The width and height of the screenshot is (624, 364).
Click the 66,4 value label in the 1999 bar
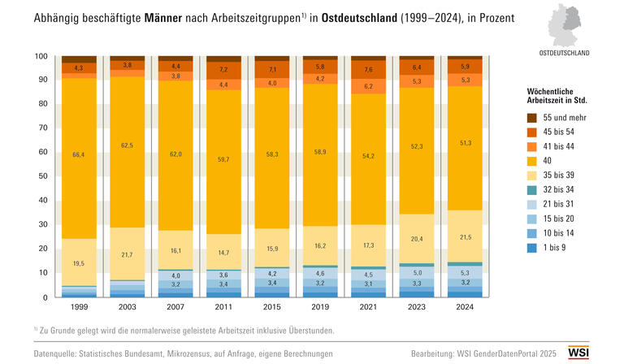tap(79, 154)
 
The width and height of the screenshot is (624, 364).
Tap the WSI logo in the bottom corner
tap(601, 353)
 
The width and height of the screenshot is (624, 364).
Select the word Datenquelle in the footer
tap(57, 355)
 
